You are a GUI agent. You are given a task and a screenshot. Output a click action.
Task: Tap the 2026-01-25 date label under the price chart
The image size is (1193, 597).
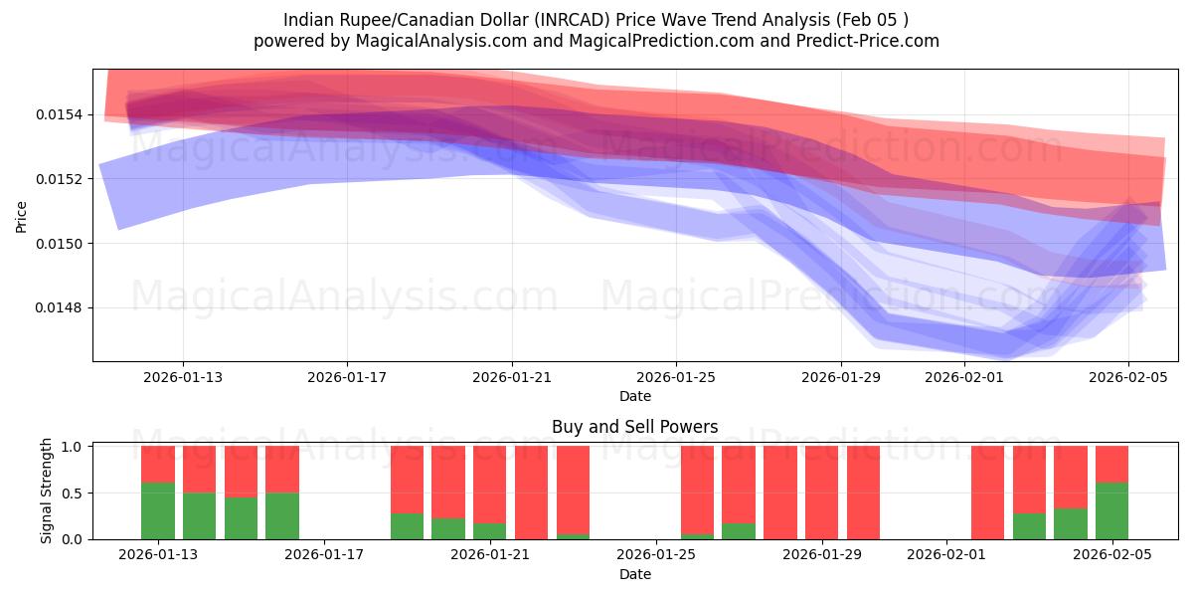pos(676,377)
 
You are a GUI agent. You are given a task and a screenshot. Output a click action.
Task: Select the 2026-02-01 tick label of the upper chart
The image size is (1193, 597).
pos(964,377)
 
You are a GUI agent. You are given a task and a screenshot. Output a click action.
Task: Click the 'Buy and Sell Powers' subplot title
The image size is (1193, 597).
pos(634,427)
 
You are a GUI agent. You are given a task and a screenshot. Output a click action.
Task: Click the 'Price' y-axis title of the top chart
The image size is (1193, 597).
pos(22,215)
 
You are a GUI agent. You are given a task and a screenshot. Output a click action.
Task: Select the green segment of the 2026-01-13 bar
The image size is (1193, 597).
pos(158,510)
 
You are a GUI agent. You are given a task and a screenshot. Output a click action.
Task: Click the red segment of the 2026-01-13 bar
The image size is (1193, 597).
pos(158,464)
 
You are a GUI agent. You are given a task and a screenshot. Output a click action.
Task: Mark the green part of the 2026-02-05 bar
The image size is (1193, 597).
pos(1111,510)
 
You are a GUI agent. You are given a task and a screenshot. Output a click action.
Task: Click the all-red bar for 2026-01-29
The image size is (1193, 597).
pos(822,493)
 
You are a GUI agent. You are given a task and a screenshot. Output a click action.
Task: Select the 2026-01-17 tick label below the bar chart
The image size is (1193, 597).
pos(325,555)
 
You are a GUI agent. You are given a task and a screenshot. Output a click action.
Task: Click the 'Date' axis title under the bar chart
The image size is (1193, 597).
pos(634,574)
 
